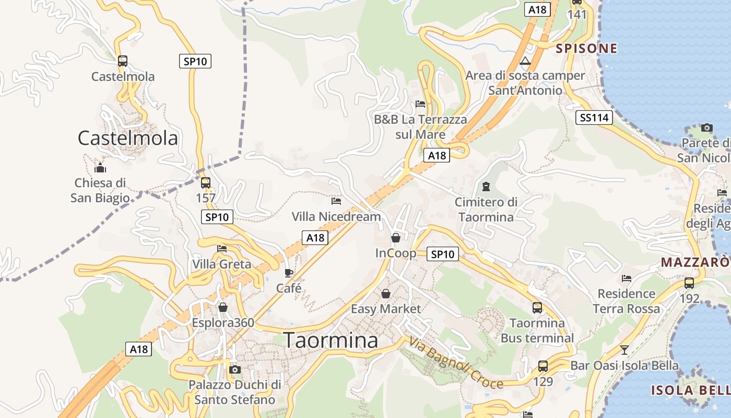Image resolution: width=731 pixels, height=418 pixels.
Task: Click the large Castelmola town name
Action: [128, 138]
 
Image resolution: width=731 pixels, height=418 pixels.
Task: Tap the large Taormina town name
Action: [331, 340]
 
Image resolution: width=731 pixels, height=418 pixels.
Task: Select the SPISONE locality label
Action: [586, 49]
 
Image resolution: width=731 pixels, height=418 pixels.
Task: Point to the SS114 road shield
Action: [595, 118]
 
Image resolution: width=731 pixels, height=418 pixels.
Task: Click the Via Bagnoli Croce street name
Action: [456, 363]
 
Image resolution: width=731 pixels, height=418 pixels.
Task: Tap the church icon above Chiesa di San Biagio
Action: [100, 168]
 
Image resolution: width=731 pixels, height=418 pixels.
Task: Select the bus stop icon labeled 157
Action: [206, 183]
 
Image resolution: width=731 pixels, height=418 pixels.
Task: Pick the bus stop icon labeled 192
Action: [689, 283]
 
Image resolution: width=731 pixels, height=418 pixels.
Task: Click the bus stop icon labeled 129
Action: [543, 366]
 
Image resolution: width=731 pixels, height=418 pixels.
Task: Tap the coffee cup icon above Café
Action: [289, 273]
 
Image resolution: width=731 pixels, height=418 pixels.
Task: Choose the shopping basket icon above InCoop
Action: [396, 238]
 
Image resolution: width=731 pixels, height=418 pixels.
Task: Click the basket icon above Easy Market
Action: [386, 294]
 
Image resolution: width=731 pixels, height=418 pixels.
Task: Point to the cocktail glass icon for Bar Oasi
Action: [624, 350]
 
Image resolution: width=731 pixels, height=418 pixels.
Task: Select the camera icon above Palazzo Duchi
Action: [235, 370]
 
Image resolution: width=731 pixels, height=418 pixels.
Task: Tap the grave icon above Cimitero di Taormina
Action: [486, 187]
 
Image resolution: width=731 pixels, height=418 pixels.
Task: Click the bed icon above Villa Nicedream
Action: [336, 201]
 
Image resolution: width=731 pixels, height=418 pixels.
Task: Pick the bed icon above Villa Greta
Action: [222, 249]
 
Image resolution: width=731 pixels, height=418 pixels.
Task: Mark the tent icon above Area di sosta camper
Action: [525, 61]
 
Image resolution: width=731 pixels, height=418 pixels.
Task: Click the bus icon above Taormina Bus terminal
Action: [537, 308]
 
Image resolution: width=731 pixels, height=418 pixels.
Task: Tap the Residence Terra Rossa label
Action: [627, 301]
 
